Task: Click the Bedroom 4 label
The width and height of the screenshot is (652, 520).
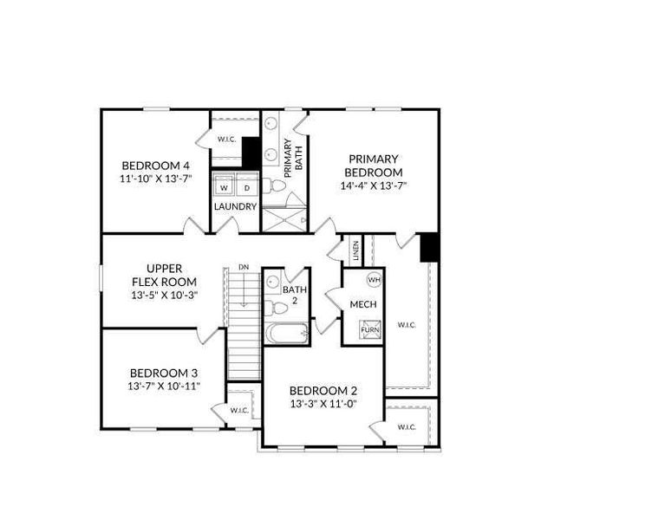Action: pyautogui.click(x=155, y=166)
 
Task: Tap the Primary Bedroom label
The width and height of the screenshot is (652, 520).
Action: pyautogui.click(x=374, y=165)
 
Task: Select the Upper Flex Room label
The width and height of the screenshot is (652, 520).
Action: pyautogui.click(x=163, y=275)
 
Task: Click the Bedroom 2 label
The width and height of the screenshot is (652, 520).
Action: pyautogui.click(x=323, y=391)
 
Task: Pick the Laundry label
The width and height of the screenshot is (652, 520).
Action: pyautogui.click(x=236, y=206)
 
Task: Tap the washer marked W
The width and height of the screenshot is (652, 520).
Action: pyautogui.click(x=224, y=186)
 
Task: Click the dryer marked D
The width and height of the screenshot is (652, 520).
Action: pyautogui.click(x=246, y=186)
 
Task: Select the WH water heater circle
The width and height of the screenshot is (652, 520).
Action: pyautogui.click(x=374, y=279)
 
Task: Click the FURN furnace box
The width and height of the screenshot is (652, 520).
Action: pyautogui.click(x=370, y=331)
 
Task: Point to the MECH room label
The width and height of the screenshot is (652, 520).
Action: pyautogui.click(x=362, y=305)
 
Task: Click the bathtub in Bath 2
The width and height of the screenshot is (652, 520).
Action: pyautogui.click(x=285, y=334)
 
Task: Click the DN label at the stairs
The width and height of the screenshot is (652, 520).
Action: pyautogui.click(x=244, y=268)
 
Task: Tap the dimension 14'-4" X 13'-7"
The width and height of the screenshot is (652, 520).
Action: pyautogui.click(x=374, y=185)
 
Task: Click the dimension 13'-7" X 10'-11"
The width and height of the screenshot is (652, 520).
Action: pyautogui.click(x=163, y=386)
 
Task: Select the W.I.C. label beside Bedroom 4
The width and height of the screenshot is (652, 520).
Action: pyautogui.click(x=227, y=139)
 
